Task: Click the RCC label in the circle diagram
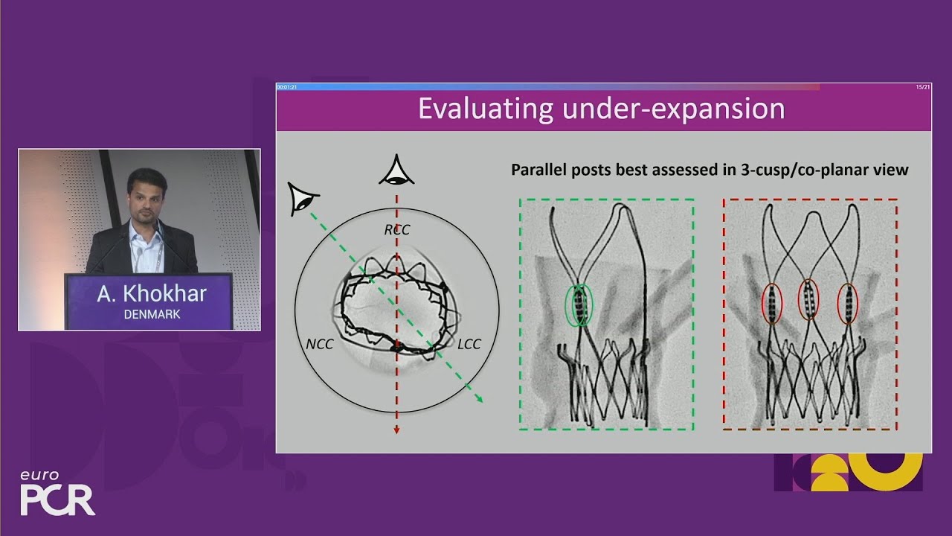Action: (x=397, y=230)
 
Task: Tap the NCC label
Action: (x=320, y=344)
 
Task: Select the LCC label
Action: (x=469, y=344)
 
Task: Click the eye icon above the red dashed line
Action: (x=396, y=170)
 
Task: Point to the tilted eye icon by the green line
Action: (x=302, y=199)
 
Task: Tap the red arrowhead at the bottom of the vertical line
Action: (x=396, y=430)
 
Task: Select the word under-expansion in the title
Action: (x=674, y=109)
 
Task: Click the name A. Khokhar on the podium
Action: (x=152, y=294)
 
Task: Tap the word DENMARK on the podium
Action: (x=152, y=314)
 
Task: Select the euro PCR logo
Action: (x=57, y=493)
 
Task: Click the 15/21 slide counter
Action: (x=923, y=87)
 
